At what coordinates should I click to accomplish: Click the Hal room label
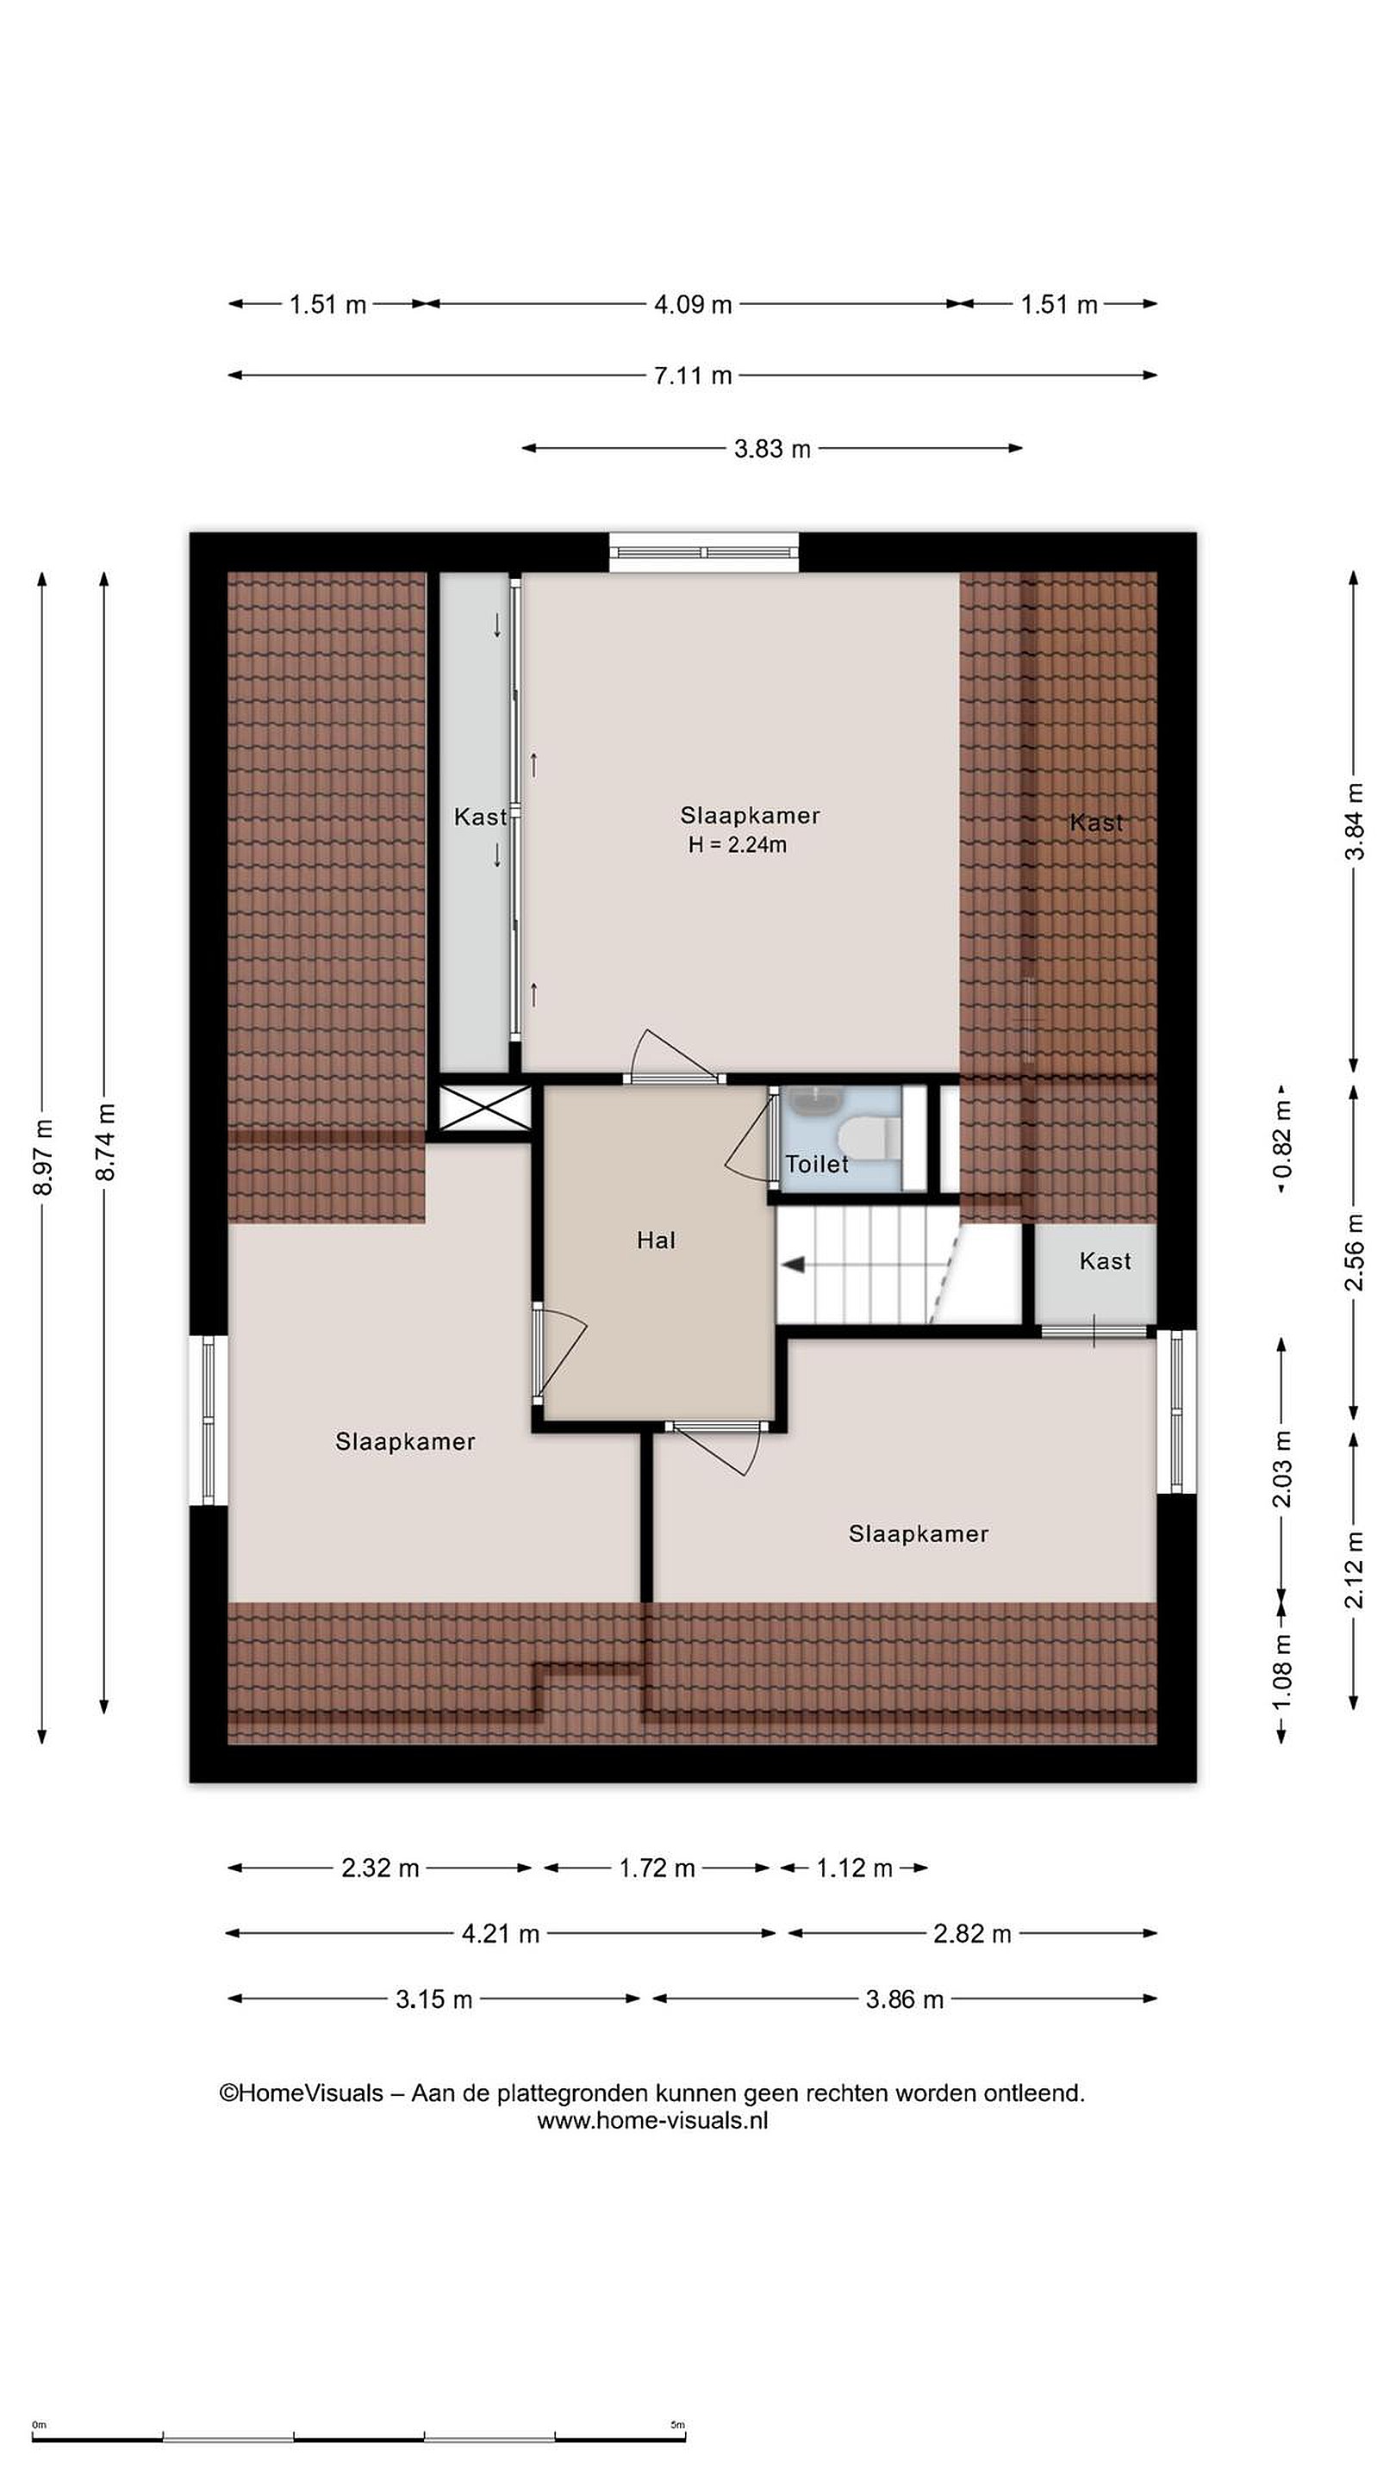655,1240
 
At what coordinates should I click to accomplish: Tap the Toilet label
816,1165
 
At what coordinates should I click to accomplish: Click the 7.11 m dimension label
693,376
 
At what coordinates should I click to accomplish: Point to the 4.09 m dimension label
693,305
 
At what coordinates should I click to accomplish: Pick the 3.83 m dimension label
772,449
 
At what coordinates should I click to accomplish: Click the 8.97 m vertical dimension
42,1158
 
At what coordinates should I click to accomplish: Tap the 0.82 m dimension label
1282,1140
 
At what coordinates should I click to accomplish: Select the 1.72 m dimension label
656,1869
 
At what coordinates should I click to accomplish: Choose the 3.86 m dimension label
904,1999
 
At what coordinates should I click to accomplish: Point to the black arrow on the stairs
792,1265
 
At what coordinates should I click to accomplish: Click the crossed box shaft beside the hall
484,1108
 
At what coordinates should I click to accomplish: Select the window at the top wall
704,553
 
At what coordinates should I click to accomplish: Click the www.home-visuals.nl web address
652,2120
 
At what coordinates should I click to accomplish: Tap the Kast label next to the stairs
1104,1260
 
